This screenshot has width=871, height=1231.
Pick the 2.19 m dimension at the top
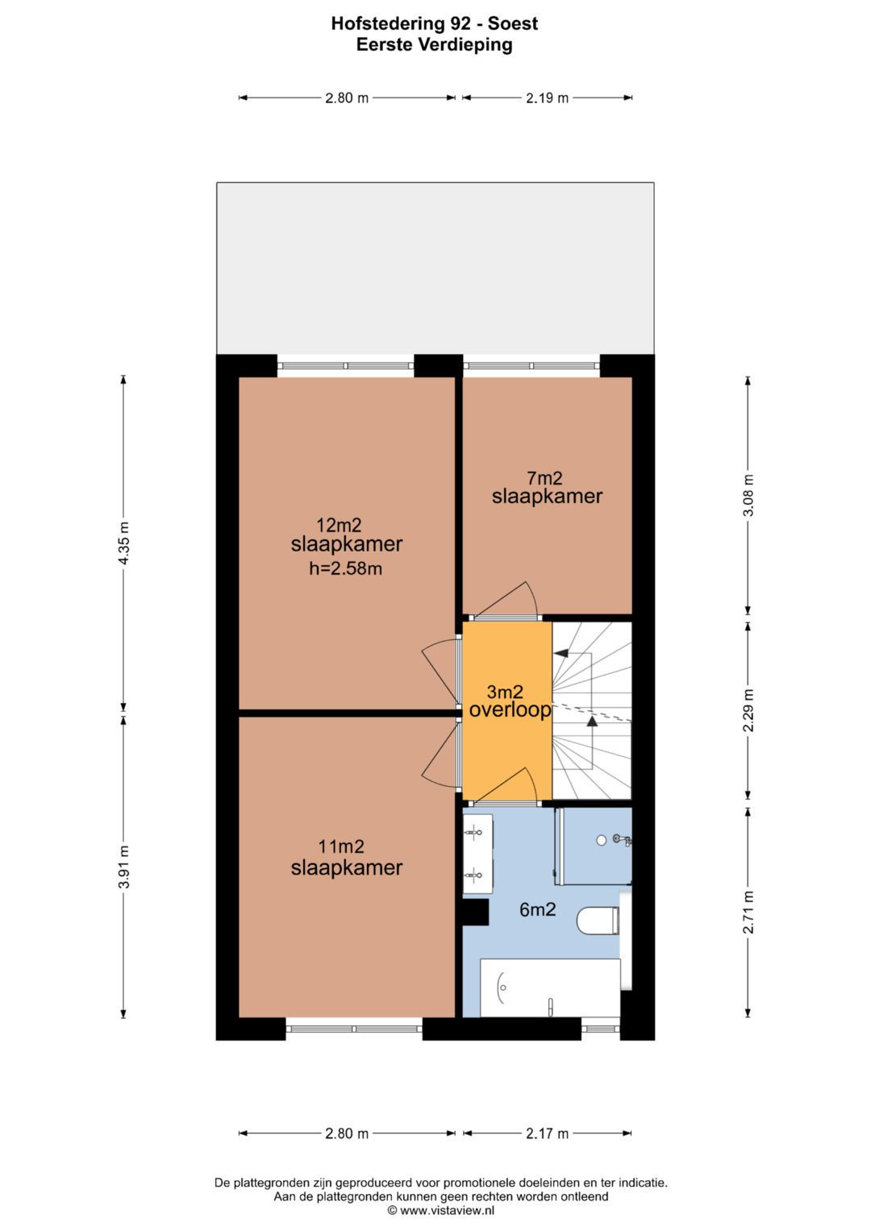(x=547, y=98)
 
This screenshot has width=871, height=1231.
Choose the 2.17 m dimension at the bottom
(x=547, y=1133)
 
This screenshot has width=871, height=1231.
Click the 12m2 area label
(x=339, y=526)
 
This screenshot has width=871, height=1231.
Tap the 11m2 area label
(x=341, y=846)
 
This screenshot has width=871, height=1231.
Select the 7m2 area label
(x=544, y=478)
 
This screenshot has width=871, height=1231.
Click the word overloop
(x=510, y=710)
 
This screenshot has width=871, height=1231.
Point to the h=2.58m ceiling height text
(x=345, y=568)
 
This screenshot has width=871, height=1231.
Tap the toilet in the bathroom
(x=598, y=920)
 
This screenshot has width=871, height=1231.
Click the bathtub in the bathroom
(x=550, y=988)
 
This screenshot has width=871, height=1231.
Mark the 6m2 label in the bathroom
(x=537, y=909)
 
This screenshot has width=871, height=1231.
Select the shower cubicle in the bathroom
(x=594, y=846)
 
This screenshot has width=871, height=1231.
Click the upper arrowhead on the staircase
(x=561, y=654)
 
